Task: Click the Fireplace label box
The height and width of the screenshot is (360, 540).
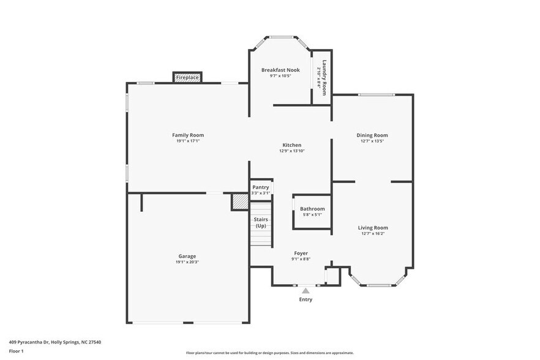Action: click(187, 78)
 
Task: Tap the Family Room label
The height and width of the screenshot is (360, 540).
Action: click(188, 135)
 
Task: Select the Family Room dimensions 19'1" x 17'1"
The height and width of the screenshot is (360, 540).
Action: click(188, 141)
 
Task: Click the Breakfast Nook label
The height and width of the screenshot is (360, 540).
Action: click(280, 70)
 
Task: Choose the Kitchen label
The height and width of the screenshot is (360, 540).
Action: click(291, 144)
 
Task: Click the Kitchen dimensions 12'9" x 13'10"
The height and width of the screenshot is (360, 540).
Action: click(291, 151)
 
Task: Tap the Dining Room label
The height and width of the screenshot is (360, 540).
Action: click(372, 135)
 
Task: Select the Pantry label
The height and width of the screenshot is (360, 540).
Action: click(260, 187)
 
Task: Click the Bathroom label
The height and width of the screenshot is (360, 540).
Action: click(312, 209)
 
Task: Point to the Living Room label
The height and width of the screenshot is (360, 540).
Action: click(373, 227)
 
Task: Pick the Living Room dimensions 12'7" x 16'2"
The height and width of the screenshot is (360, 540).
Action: click(373, 233)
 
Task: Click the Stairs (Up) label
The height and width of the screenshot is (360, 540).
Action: click(260, 222)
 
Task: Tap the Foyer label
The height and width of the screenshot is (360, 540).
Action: click(301, 253)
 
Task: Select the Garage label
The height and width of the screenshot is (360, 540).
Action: click(187, 256)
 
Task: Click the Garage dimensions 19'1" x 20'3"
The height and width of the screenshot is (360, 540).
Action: click(187, 262)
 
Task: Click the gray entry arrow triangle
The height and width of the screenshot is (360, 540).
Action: click(306, 291)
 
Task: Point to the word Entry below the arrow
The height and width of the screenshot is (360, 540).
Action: click(306, 299)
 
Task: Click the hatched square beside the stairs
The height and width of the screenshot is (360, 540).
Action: click(240, 201)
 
